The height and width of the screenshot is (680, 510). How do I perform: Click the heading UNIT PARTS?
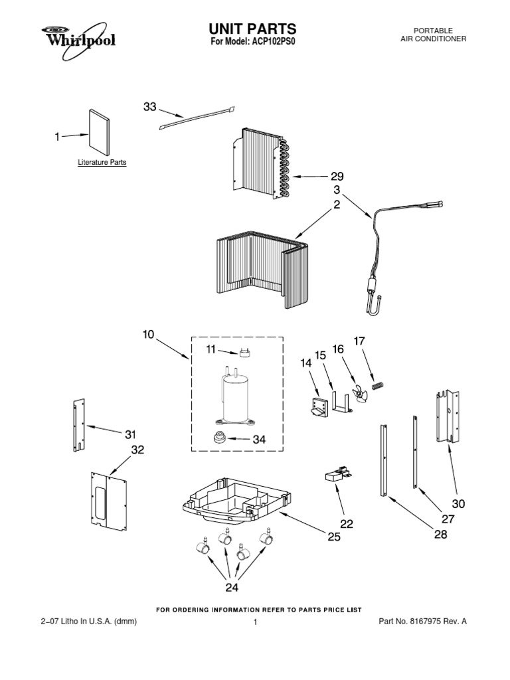[253, 29]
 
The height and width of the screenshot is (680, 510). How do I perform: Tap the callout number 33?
[150, 107]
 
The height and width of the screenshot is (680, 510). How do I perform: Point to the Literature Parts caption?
[102, 162]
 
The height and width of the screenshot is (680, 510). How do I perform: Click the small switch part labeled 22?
[336, 475]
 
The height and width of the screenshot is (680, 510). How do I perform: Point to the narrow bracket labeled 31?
[79, 428]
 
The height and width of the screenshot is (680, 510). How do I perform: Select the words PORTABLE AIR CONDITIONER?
[433, 35]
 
